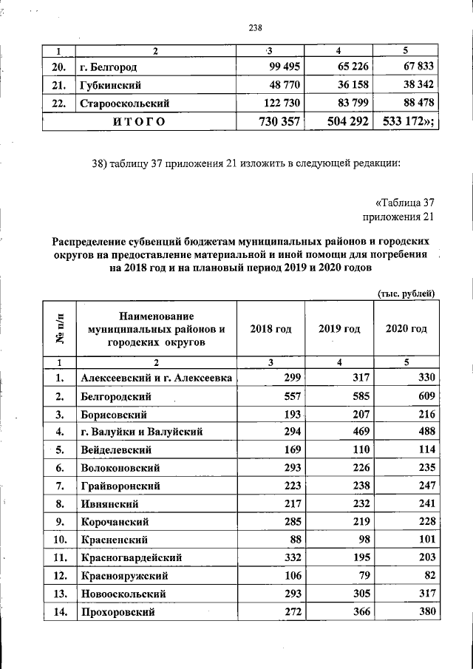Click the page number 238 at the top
256,28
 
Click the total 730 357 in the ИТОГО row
273,120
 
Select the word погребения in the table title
399,255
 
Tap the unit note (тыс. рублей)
406,293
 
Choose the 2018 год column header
270,328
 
